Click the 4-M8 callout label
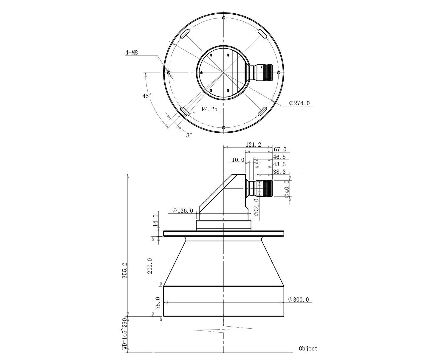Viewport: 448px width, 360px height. [x=131, y=53]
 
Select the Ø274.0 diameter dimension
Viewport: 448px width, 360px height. [x=299, y=103]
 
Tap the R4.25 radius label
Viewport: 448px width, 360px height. [x=209, y=109]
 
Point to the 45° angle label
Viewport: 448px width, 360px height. [x=147, y=96]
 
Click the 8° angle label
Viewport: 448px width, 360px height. [x=189, y=135]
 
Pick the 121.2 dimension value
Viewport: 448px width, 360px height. [x=253, y=145]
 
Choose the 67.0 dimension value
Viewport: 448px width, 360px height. [x=280, y=149]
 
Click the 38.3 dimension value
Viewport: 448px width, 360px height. [x=279, y=172]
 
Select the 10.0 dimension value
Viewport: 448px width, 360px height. [x=238, y=160]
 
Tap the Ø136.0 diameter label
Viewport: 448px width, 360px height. [x=183, y=211]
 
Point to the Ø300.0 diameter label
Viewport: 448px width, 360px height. [x=299, y=300]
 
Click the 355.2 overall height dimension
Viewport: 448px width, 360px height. [x=124, y=270]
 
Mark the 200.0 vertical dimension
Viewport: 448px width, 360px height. [x=150, y=266]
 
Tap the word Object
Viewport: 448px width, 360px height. [x=308, y=349]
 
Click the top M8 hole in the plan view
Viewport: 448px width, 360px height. [x=224, y=18]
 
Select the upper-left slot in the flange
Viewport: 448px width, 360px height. [x=185, y=34]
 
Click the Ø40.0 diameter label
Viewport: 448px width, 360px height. [x=287, y=189]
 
